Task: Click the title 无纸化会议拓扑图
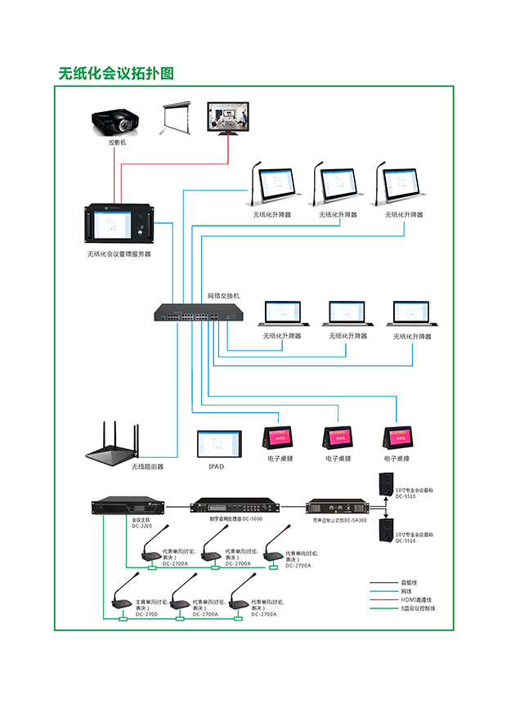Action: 116,74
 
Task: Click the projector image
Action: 118,123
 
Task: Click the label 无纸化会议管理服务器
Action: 119,254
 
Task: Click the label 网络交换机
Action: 223,295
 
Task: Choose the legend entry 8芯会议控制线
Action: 418,608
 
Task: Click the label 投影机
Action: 118,142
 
